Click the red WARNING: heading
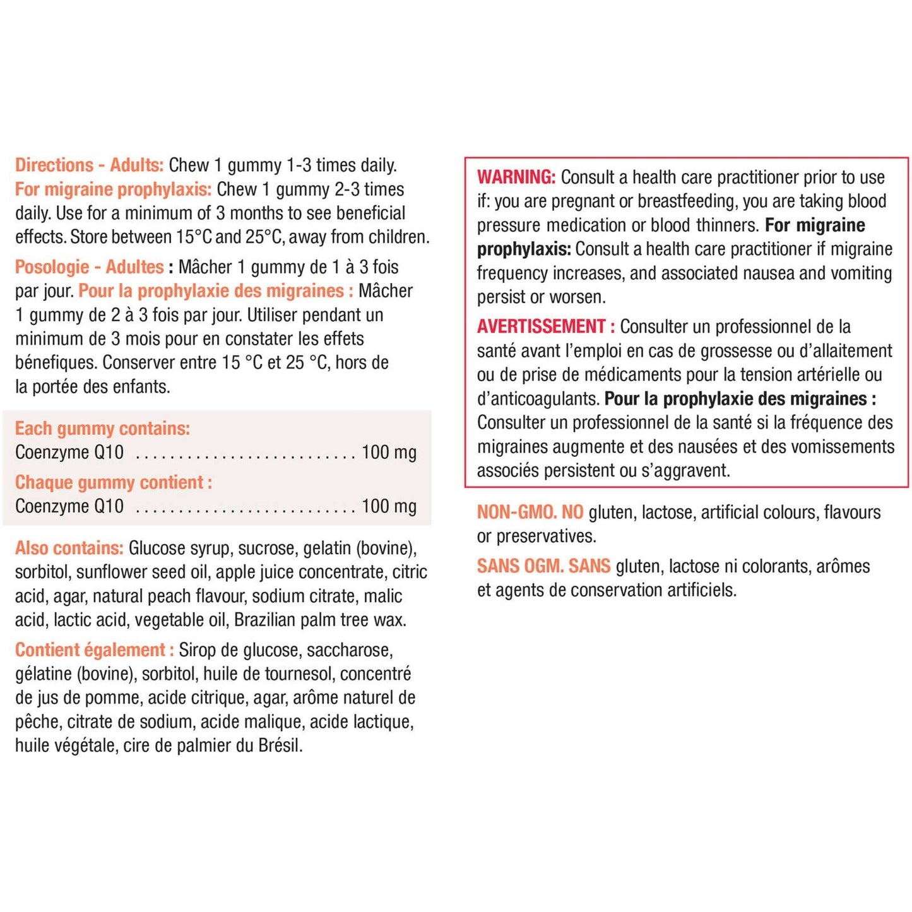click(x=516, y=177)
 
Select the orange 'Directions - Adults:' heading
click(x=89, y=165)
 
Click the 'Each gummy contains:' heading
click(x=102, y=428)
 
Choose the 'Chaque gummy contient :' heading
click(x=113, y=482)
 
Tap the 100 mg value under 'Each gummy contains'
click(x=389, y=453)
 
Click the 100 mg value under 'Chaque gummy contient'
click(x=389, y=506)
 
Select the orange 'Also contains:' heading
click(x=69, y=548)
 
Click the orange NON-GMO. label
click(x=517, y=512)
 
